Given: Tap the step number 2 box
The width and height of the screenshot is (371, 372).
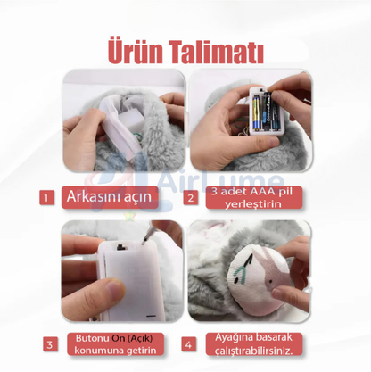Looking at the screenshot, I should click(189, 197).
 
